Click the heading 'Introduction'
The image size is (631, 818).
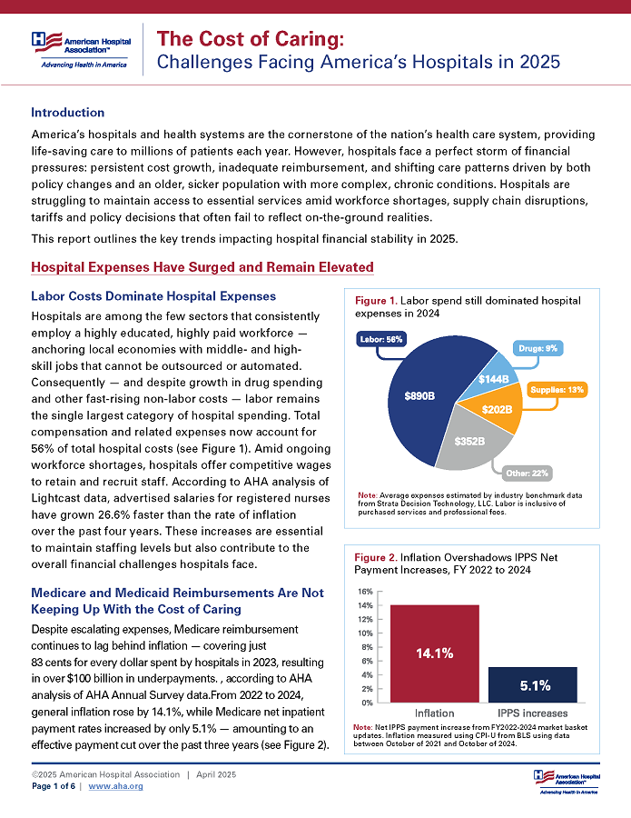(67, 113)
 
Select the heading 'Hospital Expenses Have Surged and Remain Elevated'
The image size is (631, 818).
(202, 267)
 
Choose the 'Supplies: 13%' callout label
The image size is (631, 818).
(558, 389)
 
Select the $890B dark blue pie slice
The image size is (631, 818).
(419, 396)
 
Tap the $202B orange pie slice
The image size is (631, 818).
(498, 410)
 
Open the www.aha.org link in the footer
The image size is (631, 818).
(115, 786)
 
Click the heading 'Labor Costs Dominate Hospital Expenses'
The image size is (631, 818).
(153, 296)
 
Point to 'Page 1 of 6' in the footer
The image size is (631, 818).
(55, 786)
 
